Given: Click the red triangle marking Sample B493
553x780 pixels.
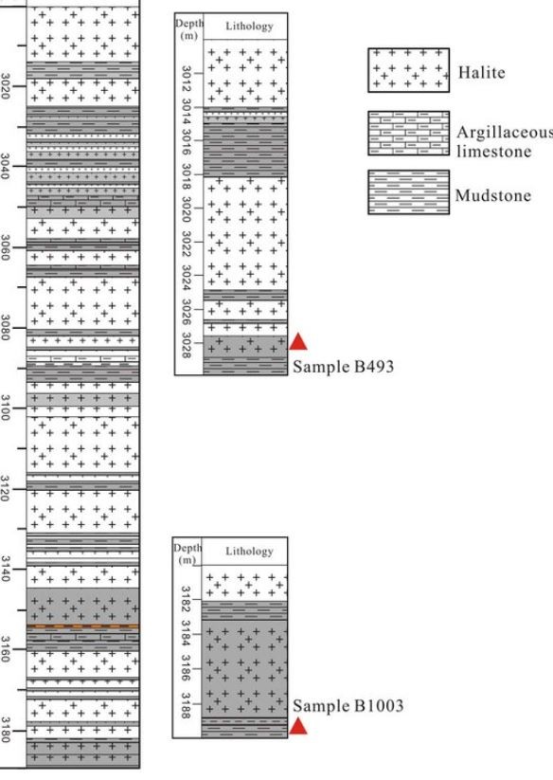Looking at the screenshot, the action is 298,342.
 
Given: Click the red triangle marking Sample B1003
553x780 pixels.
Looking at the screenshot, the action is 298,726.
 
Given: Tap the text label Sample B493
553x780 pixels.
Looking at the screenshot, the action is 344,367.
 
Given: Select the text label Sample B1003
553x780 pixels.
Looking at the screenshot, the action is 348,706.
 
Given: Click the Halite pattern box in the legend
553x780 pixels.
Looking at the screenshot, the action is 408,70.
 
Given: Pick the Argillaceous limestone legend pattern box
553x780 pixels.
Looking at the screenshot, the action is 408,134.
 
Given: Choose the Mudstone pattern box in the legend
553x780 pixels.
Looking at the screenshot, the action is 408,192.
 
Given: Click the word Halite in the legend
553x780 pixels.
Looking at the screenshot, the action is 481,73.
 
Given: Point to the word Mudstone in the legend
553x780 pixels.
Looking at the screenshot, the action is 493,195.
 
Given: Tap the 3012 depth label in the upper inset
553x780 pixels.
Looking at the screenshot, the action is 187,79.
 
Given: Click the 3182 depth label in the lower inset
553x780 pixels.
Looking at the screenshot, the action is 186,599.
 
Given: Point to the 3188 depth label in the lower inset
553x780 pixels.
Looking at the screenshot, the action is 186,706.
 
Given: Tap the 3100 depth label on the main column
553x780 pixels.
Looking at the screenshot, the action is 5,408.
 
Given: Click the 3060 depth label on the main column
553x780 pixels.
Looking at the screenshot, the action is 5,247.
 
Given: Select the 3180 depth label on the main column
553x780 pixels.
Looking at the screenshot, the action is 5,730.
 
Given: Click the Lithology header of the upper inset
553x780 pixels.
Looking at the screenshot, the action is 249,26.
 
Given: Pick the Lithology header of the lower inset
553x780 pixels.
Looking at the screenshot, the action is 249,552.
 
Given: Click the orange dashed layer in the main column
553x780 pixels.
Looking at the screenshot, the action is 83,626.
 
